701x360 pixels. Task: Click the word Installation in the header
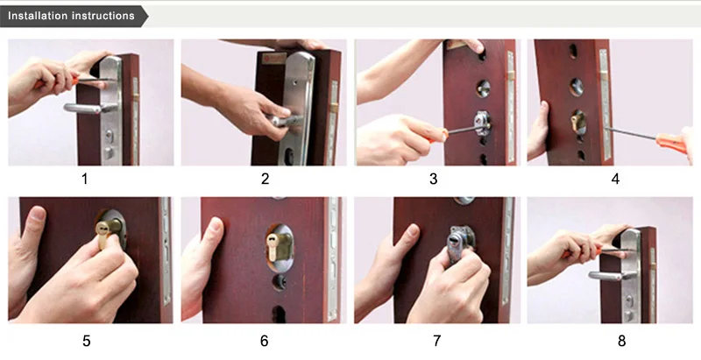point(37,16)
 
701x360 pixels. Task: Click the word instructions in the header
point(103,16)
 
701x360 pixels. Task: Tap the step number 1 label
point(84,179)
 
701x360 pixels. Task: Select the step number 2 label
point(266,179)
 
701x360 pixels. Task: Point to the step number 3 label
point(433,179)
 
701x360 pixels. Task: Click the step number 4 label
point(616,179)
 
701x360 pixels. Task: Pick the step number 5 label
point(86,341)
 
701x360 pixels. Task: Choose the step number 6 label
point(265,341)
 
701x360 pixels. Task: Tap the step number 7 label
point(436,341)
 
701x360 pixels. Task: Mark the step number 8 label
point(622,341)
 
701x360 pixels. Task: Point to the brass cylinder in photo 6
point(278,246)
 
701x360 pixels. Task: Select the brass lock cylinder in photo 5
point(108,231)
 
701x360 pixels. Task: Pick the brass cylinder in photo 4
point(577,122)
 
